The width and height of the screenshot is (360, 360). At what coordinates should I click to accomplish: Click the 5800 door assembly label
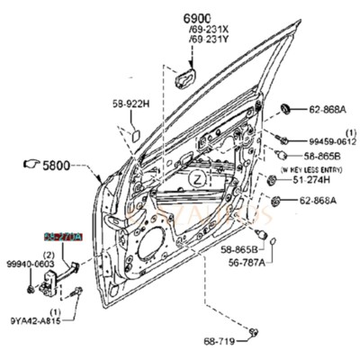pyautogui.click(x=55, y=166)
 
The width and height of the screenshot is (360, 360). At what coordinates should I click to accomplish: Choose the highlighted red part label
pyautogui.click(x=64, y=238)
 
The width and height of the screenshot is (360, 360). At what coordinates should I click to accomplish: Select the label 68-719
pyautogui.click(x=221, y=340)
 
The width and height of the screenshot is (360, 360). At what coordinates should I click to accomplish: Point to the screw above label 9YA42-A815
pyautogui.click(x=78, y=292)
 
